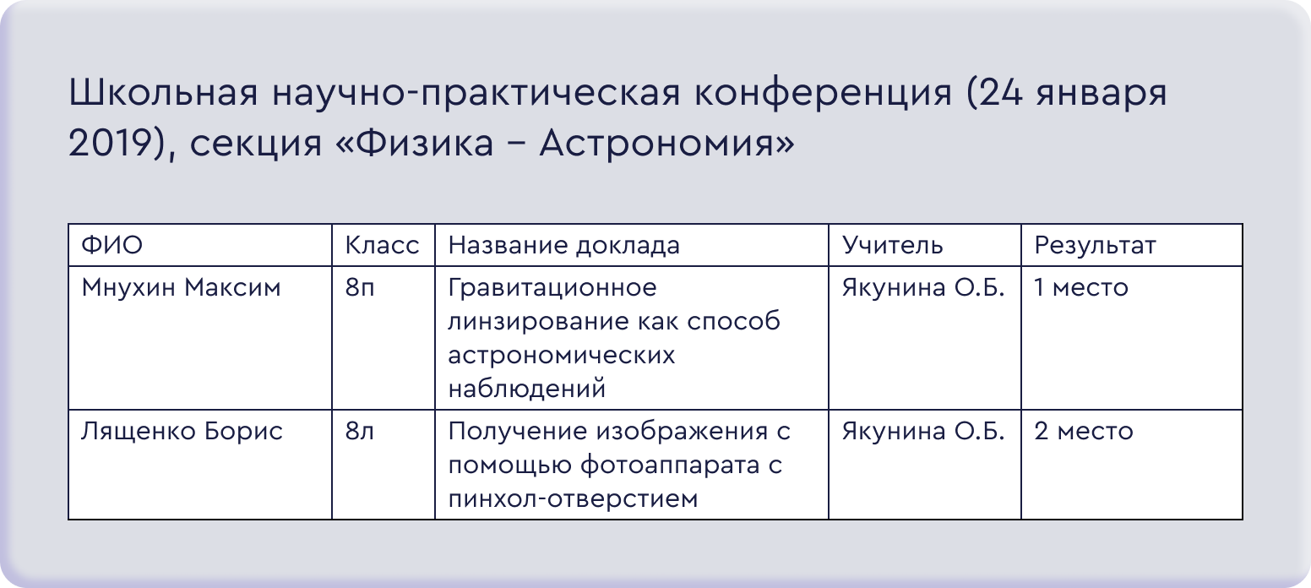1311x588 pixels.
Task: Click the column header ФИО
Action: tap(112, 245)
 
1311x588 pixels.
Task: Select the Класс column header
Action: tap(382, 245)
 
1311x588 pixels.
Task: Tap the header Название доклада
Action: tap(563, 245)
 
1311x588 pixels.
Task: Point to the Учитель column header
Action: tap(893, 245)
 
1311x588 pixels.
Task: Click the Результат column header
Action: tap(1095, 246)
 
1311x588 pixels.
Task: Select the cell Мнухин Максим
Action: tap(181, 288)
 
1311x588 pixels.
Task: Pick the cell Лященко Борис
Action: tap(182, 432)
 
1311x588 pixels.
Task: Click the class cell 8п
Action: tap(360, 288)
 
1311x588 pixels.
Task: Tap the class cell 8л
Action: tap(359, 432)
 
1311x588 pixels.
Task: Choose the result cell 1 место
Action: tap(1081, 288)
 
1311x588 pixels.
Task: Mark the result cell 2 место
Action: tap(1084, 432)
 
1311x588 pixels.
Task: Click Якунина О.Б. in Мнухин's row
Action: tap(923, 288)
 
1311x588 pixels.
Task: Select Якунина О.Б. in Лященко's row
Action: tap(923, 432)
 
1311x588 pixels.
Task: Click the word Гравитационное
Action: tap(552, 288)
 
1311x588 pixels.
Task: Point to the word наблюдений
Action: tap(527, 389)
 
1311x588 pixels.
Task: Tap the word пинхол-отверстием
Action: tap(573, 499)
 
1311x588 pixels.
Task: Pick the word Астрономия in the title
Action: tap(667, 144)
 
